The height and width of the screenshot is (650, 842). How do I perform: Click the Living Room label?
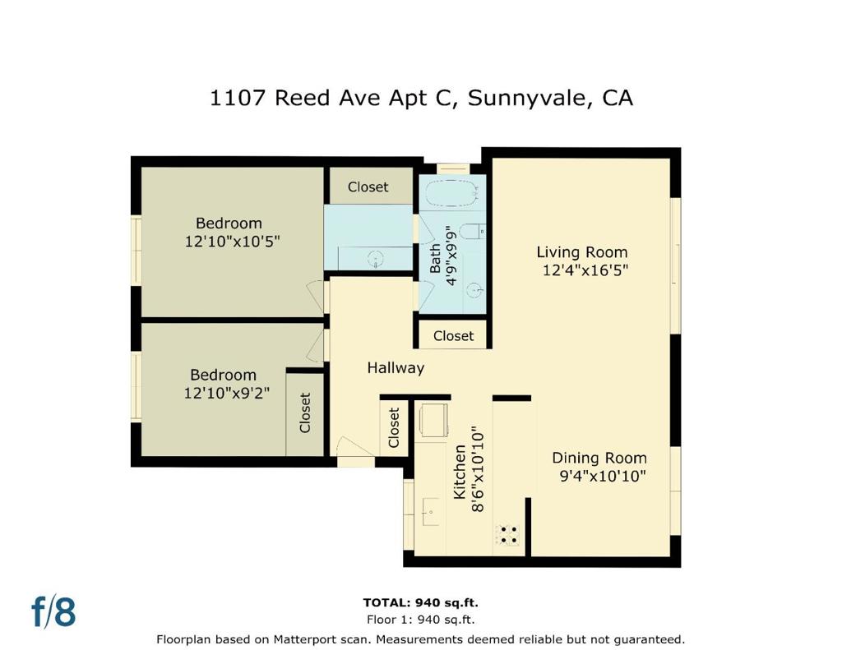[x=582, y=252]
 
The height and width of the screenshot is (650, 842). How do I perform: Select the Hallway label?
[x=396, y=368]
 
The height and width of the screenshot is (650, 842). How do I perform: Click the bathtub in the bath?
[x=451, y=195]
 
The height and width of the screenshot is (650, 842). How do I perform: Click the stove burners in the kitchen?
[x=508, y=534]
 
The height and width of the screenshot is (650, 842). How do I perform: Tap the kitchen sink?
[x=428, y=511]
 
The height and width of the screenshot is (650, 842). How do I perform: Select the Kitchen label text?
[x=460, y=472]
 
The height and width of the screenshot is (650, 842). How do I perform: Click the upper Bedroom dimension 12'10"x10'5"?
[x=233, y=242]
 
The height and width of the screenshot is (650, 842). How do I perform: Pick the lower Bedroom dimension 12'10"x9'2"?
[x=227, y=394]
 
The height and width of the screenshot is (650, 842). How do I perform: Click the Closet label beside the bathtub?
[x=368, y=187]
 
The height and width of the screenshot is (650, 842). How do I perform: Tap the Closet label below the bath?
[x=453, y=335]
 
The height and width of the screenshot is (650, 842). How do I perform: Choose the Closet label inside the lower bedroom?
[x=305, y=413]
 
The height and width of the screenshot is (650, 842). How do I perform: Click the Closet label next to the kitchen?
[x=394, y=427]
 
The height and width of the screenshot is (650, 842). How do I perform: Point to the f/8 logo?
[x=53, y=612]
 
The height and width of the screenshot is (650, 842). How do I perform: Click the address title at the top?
[x=421, y=98]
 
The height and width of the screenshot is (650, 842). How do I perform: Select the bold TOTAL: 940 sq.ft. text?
[x=421, y=602]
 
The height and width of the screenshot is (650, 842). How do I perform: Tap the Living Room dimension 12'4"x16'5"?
[x=585, y=270]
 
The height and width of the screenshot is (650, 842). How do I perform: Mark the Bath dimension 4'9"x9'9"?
[x=450, y=256]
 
